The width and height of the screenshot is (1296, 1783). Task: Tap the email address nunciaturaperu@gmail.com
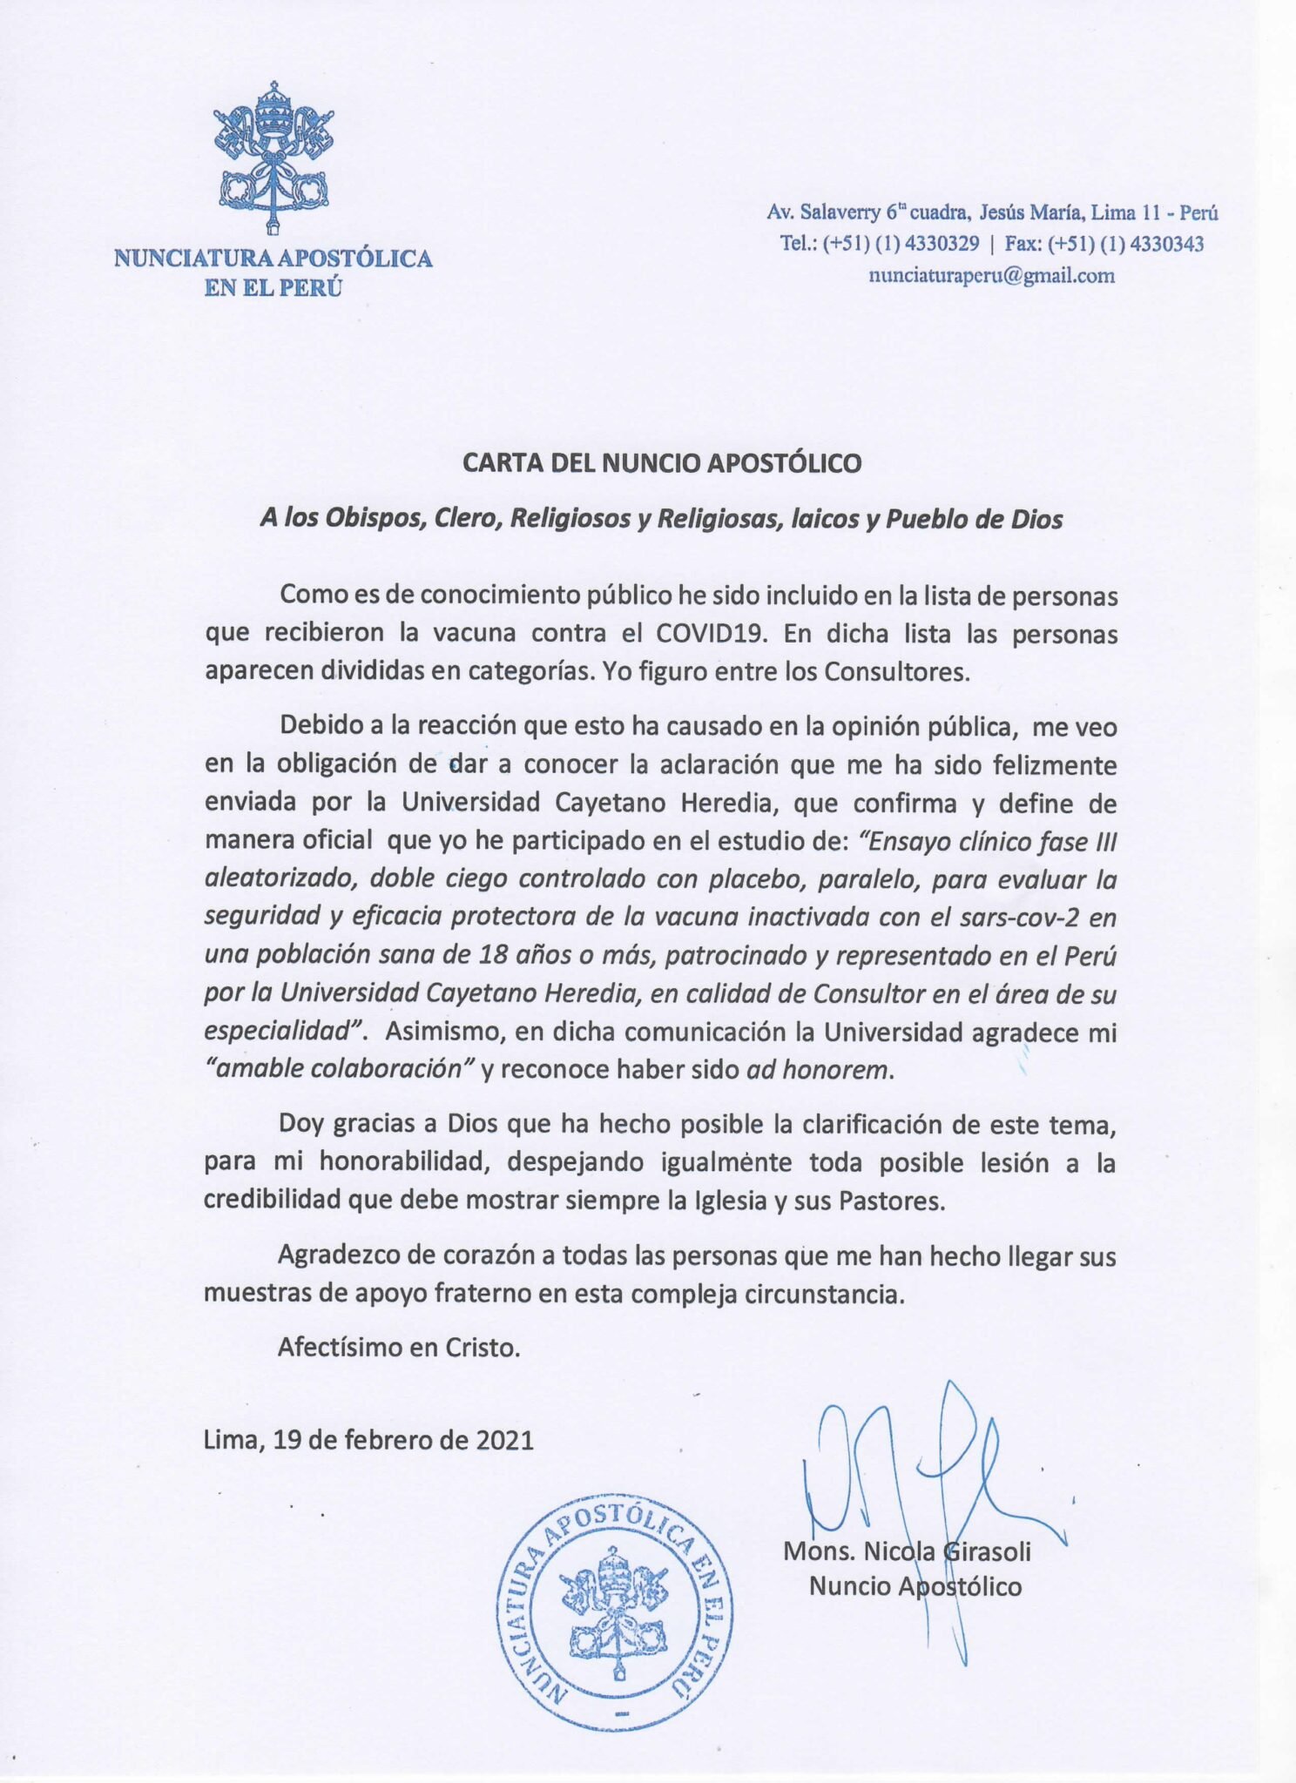coord(991,276)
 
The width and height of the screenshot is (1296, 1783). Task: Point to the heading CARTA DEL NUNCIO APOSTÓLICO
coord(662,462)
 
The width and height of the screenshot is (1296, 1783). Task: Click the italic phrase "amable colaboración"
coord(339,1069)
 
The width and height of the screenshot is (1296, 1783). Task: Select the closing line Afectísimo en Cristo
coord(399,1348)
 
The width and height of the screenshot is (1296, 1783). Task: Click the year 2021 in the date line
coord(504,1439)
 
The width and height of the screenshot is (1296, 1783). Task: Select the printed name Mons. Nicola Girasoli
coord(907,1551)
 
